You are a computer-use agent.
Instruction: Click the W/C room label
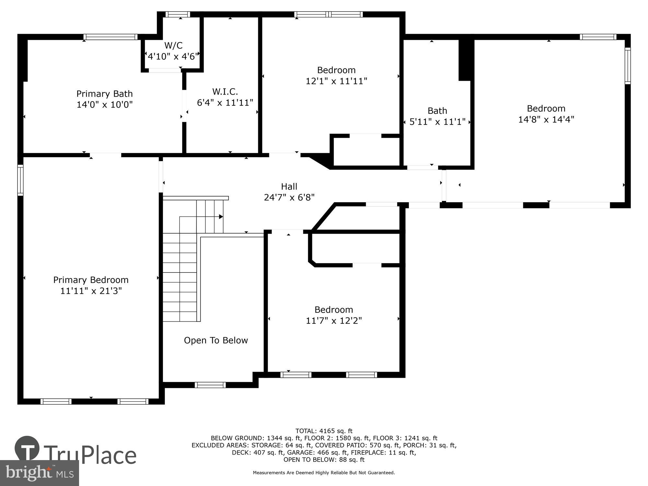(x=173, y=45)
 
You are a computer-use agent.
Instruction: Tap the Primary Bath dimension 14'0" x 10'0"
(x=105, y=105)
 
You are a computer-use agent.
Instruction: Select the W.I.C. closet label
(x=225, y=92)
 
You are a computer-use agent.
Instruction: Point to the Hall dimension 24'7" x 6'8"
(x=289, y=197)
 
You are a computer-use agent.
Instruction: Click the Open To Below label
(x=216, y=341)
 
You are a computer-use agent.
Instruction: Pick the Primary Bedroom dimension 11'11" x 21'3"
(x=91, y=291)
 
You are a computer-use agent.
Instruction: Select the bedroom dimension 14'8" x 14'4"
(x=546, y=120)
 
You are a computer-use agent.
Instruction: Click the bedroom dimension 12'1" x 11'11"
(x=336, y=81)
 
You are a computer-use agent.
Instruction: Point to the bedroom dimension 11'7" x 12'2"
(x=334, y=321)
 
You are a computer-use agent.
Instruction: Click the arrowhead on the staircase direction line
(x=221, y=216)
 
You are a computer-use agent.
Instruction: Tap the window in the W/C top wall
(x=178, y=14)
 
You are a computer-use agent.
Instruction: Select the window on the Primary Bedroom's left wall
(x=20, y=180)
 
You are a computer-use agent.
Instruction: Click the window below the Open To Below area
(x=210, y=385)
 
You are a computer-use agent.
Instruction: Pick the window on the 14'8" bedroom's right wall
(x=628, y=66)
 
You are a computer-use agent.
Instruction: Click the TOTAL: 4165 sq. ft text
(x=324, y=431)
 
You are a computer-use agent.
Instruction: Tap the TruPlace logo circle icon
(x=27, y=449)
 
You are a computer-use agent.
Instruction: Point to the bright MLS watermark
(x=40, y=473)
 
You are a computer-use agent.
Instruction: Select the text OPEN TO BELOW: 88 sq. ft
(x=324, y=459)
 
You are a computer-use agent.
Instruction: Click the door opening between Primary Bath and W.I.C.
(x=184, y=106)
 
